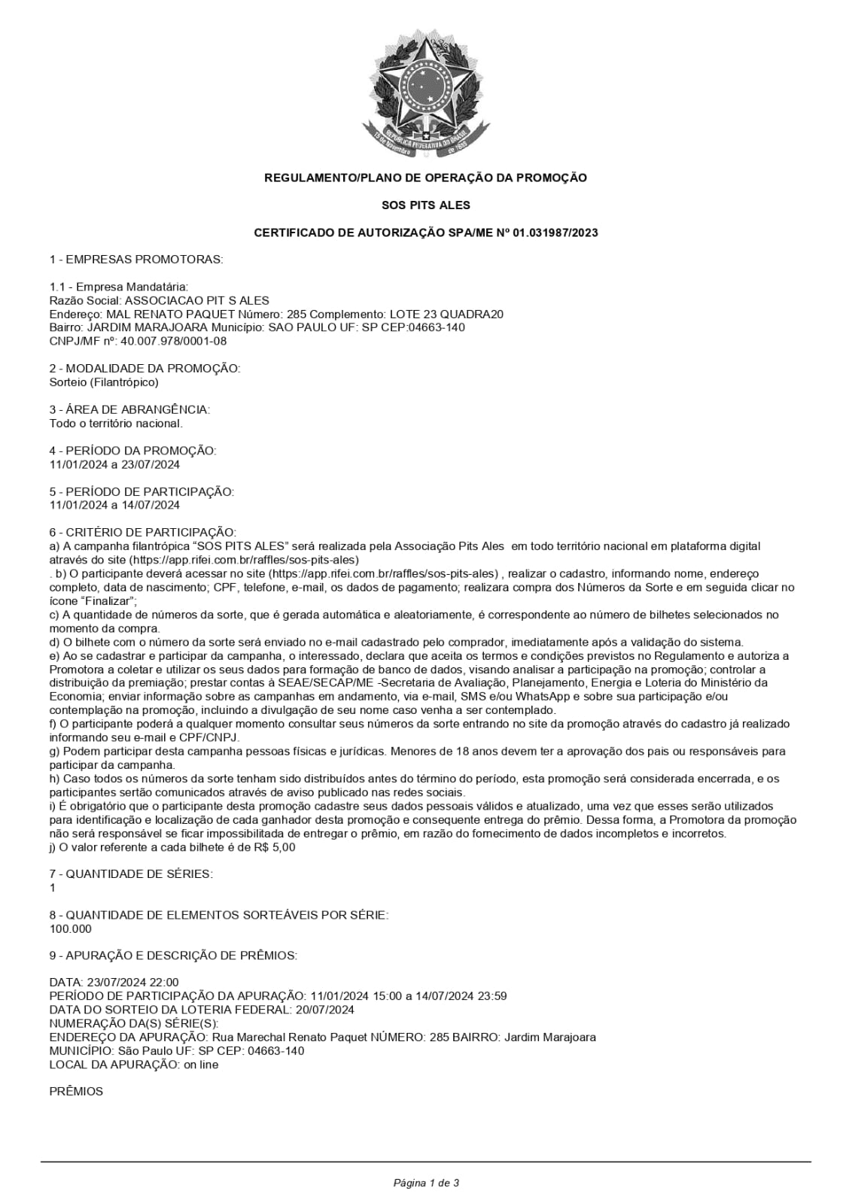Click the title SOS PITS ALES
(426, 205)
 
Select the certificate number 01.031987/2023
(555, 233)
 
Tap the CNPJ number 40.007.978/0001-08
(173, 341)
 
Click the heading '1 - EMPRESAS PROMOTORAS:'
(136, 260)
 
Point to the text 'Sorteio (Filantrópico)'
(104, 382)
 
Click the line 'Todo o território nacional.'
(116, 424)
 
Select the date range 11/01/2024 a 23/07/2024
(114, 464)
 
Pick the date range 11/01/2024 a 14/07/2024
(114, 506)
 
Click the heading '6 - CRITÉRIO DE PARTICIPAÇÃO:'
(142, 533)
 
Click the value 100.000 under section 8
(70, 929)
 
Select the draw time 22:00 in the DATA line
(165, 983)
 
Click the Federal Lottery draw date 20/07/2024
(327, 1010)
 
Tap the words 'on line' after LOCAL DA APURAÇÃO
(201, 1065)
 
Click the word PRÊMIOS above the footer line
(76, 1092)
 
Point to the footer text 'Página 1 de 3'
(426, 1183)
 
